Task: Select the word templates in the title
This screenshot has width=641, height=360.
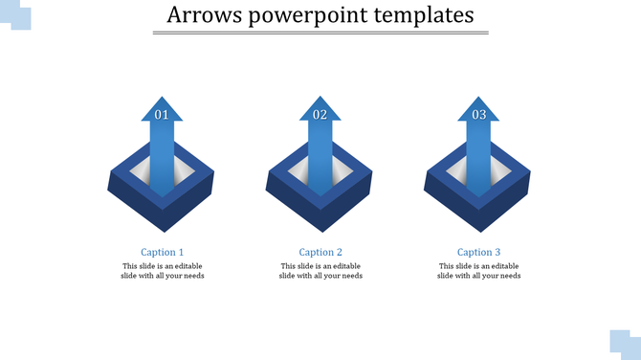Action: click(x=425, y=15)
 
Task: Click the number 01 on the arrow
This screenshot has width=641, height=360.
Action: click(x=162, y=115)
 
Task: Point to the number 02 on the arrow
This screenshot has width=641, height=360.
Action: click(x=320, y=115)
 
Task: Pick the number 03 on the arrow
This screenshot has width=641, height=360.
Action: click(x=478, y=115)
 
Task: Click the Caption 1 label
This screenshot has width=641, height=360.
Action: click(x=163, y=253)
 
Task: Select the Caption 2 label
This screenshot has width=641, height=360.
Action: click(x=320, y=253)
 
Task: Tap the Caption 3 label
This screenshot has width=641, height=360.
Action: click(x=478, y=253)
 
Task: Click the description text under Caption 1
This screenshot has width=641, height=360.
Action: click(x=163, y=271)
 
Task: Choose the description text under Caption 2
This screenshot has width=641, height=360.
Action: click(x=320, y=271)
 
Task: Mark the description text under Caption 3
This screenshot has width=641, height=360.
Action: click(x=478, y=271)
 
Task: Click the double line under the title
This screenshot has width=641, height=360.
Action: click(x=320, y=34)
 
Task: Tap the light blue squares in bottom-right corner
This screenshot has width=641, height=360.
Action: click(x=624, y=344)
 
